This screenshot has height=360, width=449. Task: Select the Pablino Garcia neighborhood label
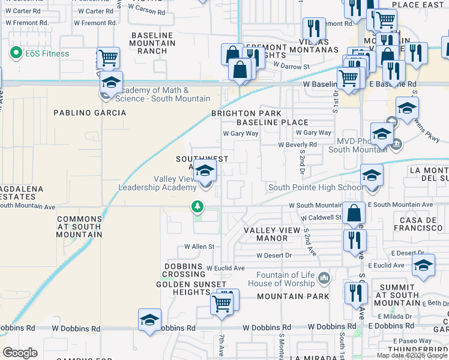(90, 113)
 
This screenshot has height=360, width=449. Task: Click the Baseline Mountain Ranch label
(153, 43)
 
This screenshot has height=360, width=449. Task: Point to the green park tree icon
(197, 207)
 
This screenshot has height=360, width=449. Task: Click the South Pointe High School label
(315, 187)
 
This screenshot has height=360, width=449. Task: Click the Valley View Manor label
(273, 234)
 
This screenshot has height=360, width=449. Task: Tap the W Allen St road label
(199, 247)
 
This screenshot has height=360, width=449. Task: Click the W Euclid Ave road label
(225, 268)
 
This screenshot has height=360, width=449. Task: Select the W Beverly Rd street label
(297, 145)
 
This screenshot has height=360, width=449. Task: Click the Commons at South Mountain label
(79, 227)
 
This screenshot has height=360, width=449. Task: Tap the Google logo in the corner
(20, 352)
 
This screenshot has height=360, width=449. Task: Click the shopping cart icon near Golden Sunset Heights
(223, 303)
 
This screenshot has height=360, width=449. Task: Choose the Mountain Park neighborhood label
(293, 296)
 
